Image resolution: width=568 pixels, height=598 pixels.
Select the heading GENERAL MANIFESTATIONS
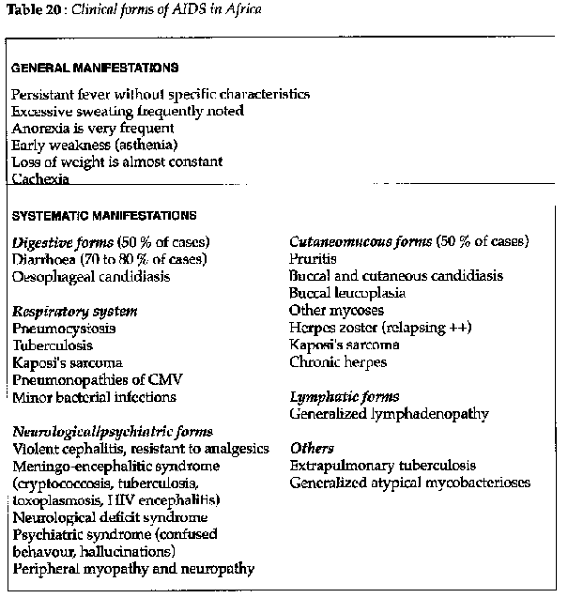pos(95,69)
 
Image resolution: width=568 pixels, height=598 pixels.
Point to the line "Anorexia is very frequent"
pos(92,128)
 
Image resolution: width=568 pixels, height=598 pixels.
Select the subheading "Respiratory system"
pos(74,311)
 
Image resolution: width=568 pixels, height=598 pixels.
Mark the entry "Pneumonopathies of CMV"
pos(96,379)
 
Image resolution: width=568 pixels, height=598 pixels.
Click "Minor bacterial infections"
pos(94,397)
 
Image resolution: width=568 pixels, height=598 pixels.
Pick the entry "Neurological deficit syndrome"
pos(111,516)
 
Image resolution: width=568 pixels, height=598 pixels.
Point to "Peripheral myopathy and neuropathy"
pos(133,568)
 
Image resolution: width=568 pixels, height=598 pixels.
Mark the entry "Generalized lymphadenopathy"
pos(389,413)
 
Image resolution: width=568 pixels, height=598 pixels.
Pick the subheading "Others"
pos(312,448)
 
